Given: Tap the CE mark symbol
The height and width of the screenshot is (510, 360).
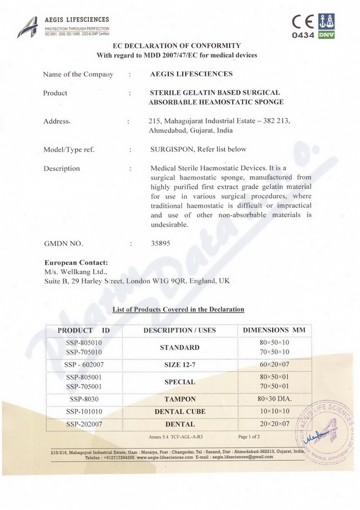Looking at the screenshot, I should [x=303, y=22].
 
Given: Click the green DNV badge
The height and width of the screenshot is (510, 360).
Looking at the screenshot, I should [x=327, y=35].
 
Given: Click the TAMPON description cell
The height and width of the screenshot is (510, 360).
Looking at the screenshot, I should [x=180, y=399].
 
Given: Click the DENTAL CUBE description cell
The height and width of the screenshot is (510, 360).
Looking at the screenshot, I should [x=180, y=412].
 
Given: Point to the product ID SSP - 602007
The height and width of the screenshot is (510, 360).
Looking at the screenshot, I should [x=84, y=365].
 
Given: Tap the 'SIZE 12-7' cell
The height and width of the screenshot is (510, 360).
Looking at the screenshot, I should [x=180, y=365].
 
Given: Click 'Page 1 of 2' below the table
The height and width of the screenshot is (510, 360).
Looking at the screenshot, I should [x=249, y=437].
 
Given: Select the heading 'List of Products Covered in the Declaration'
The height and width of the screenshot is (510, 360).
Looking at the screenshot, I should [x=178, y=309].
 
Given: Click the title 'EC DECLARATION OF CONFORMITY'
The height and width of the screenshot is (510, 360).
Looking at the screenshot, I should [x=177, y=46].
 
